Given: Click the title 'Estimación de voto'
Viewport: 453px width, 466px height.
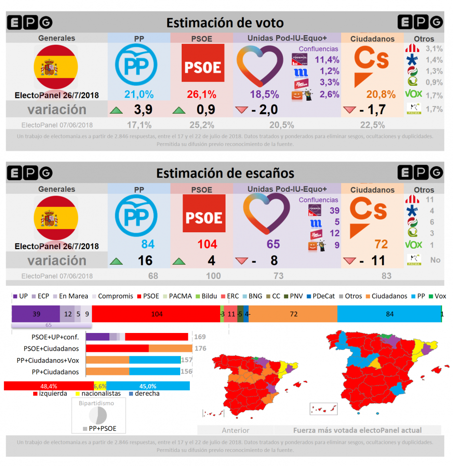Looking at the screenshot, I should pos(225,23).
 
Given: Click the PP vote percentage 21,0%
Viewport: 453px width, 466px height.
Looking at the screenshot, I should pos(139,94).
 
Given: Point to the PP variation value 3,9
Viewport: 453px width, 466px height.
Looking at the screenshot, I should pos(143,110).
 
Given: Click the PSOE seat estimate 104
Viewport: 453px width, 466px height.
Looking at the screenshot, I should pos(207,244).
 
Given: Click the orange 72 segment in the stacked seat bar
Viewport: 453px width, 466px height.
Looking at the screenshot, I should pos(293,314).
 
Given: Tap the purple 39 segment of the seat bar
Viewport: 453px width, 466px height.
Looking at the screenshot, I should pos(36,314).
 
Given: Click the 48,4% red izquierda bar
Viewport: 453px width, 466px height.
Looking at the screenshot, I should pos(48,386).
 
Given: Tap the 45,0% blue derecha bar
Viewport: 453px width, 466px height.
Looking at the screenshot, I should pos(147,386).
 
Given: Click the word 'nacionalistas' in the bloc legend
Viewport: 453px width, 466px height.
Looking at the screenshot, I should pos(101,393).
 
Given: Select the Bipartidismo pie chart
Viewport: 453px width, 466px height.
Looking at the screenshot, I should pos(98,415).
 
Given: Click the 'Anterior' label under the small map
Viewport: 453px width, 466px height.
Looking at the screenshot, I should pos(235,430).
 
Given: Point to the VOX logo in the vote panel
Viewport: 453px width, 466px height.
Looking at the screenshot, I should pos(413,94).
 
